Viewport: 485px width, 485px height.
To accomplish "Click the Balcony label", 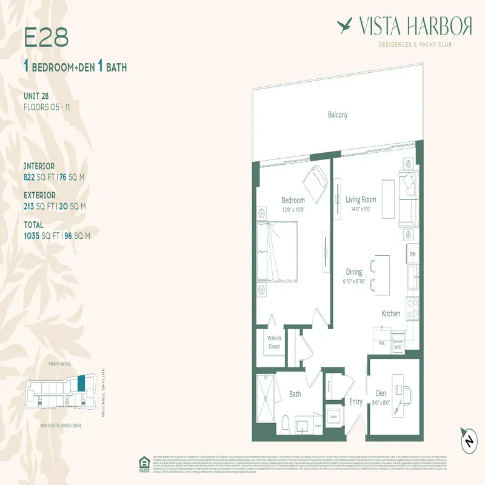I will [338, 115].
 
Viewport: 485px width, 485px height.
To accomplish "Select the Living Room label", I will [361, 199].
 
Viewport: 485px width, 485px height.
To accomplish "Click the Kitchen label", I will [390, 313].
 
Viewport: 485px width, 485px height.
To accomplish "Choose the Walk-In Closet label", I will [274, 343].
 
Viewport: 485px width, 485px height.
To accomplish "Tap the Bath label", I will [295, 394].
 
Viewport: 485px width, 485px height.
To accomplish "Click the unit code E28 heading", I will [46, 38].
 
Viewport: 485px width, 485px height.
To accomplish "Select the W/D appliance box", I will [398, 348].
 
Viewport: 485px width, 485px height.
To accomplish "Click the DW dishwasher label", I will [412, 254].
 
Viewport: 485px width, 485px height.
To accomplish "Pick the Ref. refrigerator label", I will [383, 343].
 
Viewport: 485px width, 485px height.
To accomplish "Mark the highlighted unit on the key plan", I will [81, 384].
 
